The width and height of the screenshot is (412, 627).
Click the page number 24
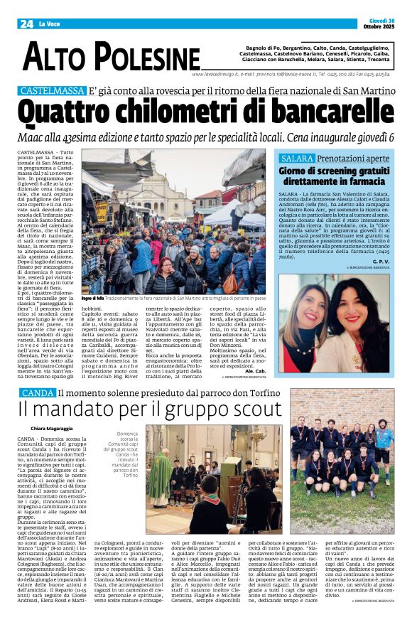[x=26, y=23]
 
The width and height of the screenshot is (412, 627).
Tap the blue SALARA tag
[x=315, y=158]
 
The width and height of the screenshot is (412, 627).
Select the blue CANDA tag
[x=36, y=392]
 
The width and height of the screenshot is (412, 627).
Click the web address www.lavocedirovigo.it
[x=215, y=73]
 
